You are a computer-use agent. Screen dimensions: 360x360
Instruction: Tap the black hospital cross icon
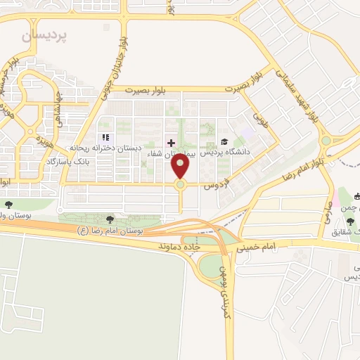pyautogui.click(x=171, y=143)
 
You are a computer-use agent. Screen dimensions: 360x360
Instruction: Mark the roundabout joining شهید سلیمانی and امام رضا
pyautogui.click(x=326, y=140)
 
